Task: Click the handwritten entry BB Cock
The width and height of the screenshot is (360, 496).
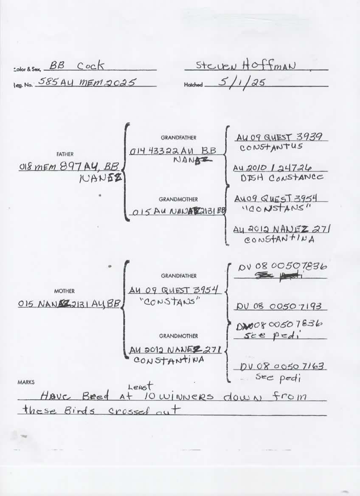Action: coord(76,66)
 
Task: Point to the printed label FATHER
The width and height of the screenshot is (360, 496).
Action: coord(65,155)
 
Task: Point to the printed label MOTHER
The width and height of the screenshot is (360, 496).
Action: coord(65,291)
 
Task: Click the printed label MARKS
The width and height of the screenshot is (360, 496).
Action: coord(26,382)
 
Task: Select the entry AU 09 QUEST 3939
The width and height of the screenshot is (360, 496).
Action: coord(280,137)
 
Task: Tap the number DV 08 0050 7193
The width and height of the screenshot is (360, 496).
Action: coord(281,306)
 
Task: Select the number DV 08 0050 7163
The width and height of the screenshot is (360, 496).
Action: coord(284,366)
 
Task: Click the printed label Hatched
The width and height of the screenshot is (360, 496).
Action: coord(193,85)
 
